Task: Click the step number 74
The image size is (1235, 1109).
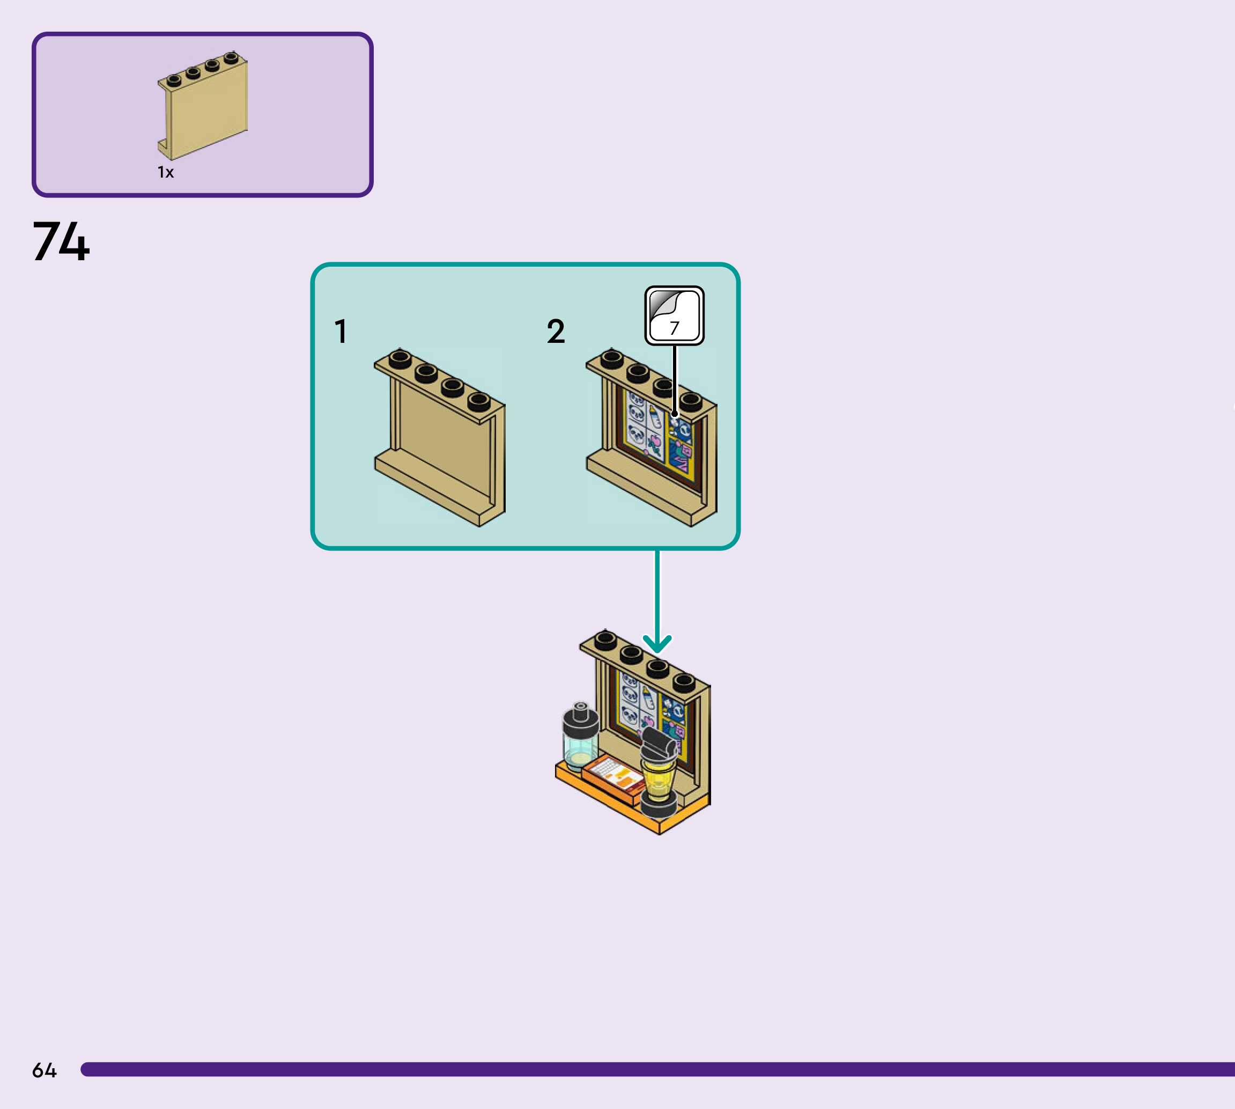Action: tap(61, 241)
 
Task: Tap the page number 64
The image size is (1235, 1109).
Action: tap(44, 1070)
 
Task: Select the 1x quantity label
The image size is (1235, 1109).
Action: tap(166, 172)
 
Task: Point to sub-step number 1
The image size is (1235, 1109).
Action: tap(341, 332)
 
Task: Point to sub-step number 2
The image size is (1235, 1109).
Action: tap(556, 332)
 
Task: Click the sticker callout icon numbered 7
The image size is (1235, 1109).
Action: tap(674, 315)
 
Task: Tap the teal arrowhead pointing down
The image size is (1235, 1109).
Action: tap(657, 645)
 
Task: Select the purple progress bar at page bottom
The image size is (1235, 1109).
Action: tap(657, 1069)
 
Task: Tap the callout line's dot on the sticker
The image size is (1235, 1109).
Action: tap(674, 414)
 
